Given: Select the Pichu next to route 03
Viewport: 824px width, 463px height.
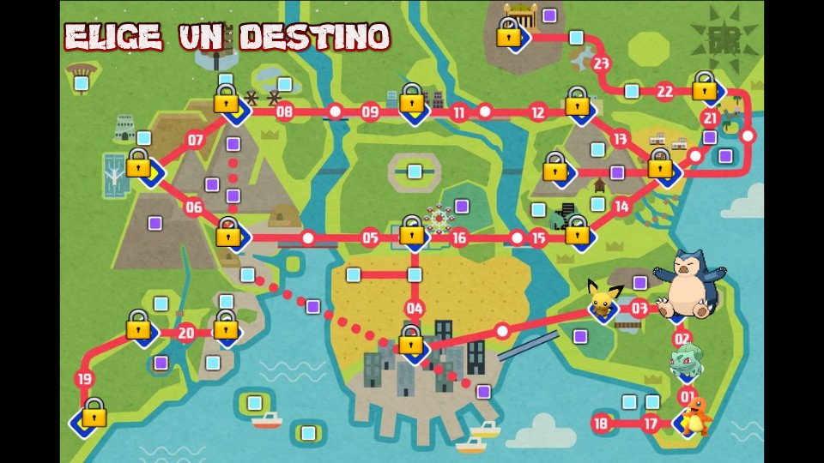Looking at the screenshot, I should [602, 301].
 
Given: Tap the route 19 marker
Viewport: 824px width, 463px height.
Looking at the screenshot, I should [84, 379].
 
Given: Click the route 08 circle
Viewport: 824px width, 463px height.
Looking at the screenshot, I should [284, 111].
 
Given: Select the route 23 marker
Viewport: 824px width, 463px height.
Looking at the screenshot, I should [601, 63].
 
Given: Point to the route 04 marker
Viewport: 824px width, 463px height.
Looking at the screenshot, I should [415, 309].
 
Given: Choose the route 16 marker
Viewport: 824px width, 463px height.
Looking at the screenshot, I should [459, 238].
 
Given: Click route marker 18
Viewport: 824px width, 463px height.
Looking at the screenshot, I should [601, 423].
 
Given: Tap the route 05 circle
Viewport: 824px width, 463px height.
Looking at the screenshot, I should [370, 238].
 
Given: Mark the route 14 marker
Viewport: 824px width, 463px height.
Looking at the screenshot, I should [621, 207].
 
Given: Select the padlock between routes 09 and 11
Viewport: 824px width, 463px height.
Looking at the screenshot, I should [412, 99].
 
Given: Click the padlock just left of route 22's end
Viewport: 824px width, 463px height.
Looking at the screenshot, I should [705, 86].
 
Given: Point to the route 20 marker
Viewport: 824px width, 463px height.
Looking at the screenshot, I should [186, 334].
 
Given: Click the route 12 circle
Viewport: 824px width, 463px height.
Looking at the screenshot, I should [538, 112].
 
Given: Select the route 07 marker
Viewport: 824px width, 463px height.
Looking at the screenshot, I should [195, 141].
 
